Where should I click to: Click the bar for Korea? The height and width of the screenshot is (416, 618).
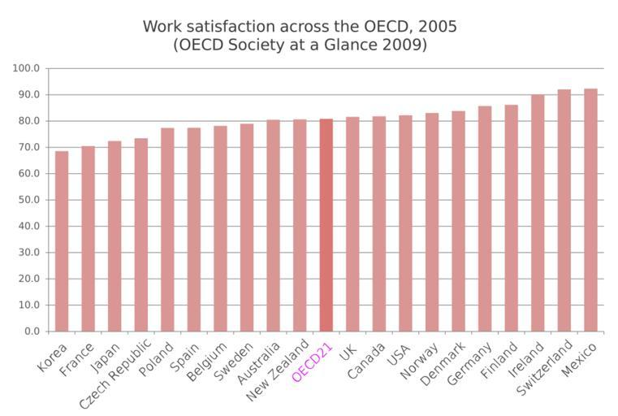(x=62, y=241)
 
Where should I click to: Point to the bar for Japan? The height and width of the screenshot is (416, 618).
(x=115, y=236)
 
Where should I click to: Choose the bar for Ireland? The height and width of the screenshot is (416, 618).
(x=538, y=213)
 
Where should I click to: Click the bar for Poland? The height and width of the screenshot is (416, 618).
(x=167, y=229)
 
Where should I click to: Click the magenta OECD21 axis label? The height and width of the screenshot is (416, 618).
(x=313, y=363)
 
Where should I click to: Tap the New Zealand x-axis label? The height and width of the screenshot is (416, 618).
(x=277, y=372)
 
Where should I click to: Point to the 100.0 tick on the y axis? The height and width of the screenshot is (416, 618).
(x=26, y=68)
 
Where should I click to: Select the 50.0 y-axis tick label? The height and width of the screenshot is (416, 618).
(x=28, y=200)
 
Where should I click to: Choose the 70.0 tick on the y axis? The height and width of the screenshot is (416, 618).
(x=28, y=147)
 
